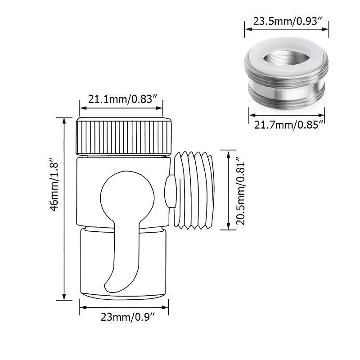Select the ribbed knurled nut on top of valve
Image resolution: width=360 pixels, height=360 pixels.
[x=124, y=136]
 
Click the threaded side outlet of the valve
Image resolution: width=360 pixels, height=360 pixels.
[x=194, y=189]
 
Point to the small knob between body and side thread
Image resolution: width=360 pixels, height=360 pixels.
[x=171, y=191]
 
